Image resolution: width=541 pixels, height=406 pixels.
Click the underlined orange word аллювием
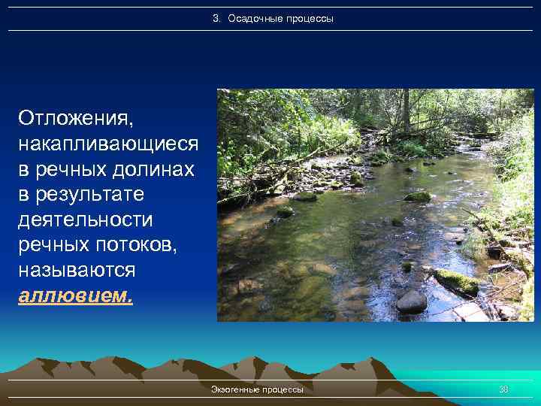[75, 295]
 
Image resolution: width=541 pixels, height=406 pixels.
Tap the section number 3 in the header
[216, 18]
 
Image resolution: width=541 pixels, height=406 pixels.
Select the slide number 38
[503, 389]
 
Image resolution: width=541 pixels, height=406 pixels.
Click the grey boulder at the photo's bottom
[411, 301]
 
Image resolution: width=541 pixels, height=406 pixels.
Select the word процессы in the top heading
[310, 18]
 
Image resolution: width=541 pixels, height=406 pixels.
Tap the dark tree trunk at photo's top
[406, 109]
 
